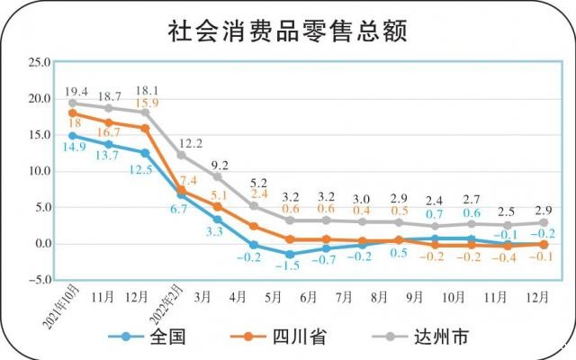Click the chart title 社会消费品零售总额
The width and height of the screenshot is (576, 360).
coord(288,31)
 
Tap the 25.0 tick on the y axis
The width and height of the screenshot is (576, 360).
coord(37,62)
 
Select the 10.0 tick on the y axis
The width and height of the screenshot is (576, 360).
coord(37,171)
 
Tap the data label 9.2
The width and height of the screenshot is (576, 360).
coord(219,165)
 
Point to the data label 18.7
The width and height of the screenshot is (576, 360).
coord(110,96)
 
